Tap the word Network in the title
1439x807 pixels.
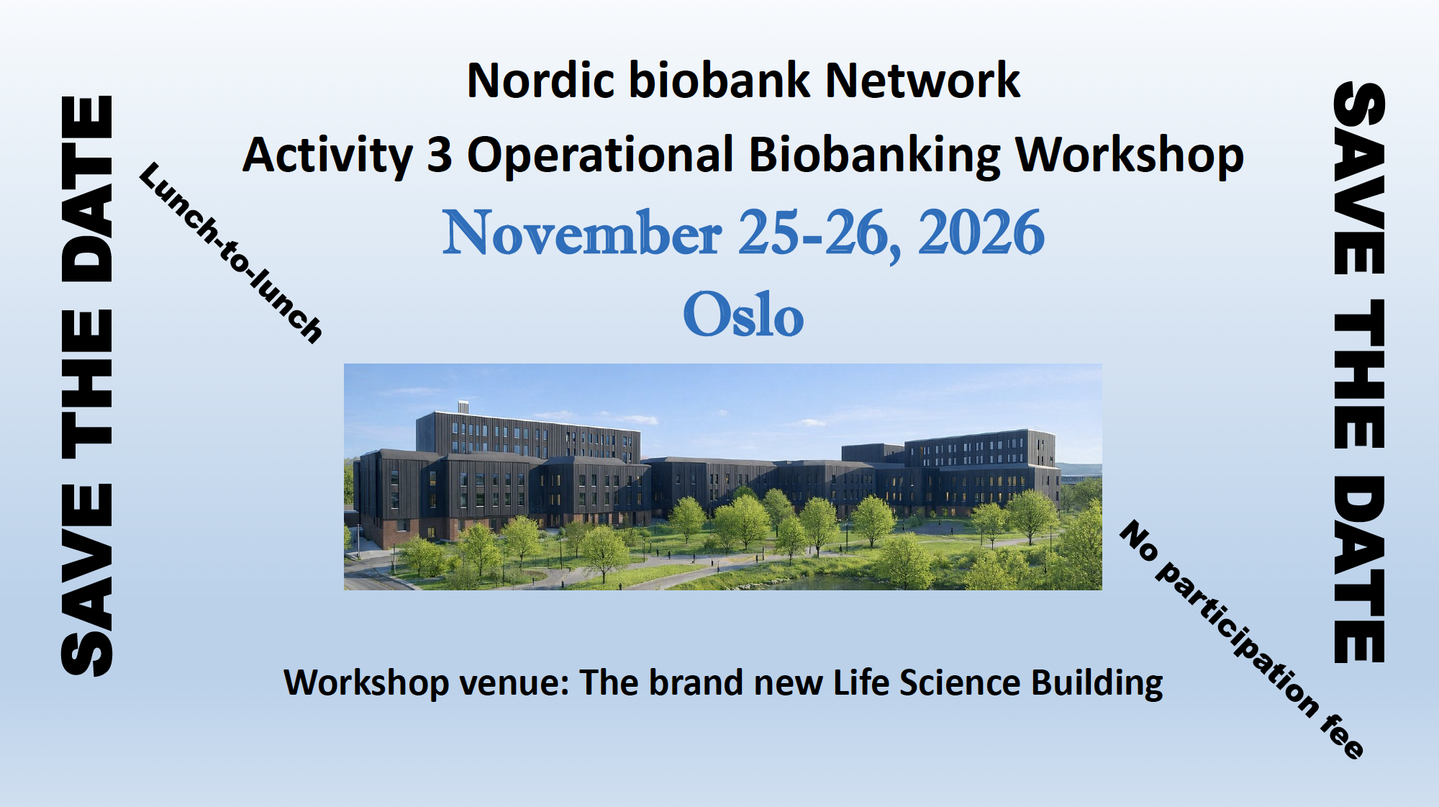pos(923,80)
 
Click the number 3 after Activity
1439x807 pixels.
pos(440,155)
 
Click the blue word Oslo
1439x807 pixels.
pos(743,314)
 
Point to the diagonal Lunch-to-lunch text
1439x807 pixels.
pos(231,253)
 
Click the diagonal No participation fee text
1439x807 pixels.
pos(1242,639)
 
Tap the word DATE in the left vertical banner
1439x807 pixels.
pos(87,189)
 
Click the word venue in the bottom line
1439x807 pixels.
pos(514,683)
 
